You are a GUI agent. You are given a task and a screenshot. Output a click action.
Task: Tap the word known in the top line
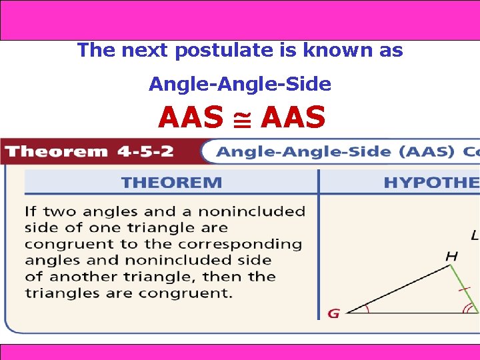click(x=325, y=51)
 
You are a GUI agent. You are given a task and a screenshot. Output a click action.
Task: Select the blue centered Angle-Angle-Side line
click(x=239, y=85)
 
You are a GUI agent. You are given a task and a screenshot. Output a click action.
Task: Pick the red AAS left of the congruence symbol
click(x=191, y=118)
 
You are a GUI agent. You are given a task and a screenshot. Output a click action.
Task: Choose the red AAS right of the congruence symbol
click(x=294, y=118)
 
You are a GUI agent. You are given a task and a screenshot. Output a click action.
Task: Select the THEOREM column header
click(x=171, y=182)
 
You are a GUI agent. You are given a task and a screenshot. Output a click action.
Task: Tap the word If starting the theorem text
click(x=31, y=212)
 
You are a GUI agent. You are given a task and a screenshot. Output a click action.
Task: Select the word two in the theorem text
click(x=60, y=212)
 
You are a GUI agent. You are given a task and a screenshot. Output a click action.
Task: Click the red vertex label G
click(x=333, y=313)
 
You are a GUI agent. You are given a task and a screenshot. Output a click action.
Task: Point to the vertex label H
click(x=451, y=256)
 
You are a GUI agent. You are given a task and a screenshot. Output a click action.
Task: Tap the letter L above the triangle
click(x=474, y=235)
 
